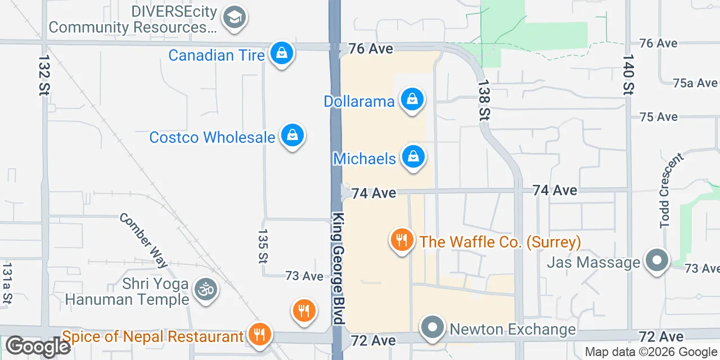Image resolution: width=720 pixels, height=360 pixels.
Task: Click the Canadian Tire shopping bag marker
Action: point(281,54)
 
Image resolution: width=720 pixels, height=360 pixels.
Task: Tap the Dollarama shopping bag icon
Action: point(412,100)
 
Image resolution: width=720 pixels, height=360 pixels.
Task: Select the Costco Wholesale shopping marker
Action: point(292,136)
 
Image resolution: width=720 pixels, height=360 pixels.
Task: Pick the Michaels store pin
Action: point(413,157)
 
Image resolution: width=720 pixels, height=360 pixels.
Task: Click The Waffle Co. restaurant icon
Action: point(401,241)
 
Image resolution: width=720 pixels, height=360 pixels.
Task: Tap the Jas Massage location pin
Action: point(656,262)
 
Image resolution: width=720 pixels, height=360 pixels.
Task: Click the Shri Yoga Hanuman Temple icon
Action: point(205,290)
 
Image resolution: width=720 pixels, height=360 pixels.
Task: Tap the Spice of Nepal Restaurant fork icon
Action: point(259,336)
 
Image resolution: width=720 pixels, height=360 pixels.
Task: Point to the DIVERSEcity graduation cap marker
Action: point(234,18)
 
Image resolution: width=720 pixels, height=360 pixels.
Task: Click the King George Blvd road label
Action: point(337,268)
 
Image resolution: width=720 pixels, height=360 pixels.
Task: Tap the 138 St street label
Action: point(484,100)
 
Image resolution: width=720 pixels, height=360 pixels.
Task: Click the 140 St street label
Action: point(628,74)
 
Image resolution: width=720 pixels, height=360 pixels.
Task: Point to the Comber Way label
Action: point(143,240)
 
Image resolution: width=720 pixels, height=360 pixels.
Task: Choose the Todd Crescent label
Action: point(672,191)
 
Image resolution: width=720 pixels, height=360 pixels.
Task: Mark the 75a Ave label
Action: point(695,83)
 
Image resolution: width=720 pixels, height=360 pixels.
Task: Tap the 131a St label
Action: point(7,283)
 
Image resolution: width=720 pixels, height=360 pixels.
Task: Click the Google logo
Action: point(38,346)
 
